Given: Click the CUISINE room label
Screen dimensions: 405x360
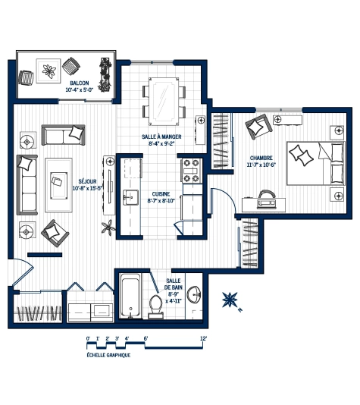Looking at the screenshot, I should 161,196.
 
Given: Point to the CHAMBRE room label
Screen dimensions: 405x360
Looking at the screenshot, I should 261,161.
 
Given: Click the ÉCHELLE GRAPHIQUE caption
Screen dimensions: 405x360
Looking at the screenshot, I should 108,355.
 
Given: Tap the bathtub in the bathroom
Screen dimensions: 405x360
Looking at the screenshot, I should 130,299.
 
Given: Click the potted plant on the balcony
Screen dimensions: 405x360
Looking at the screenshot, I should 50,71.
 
